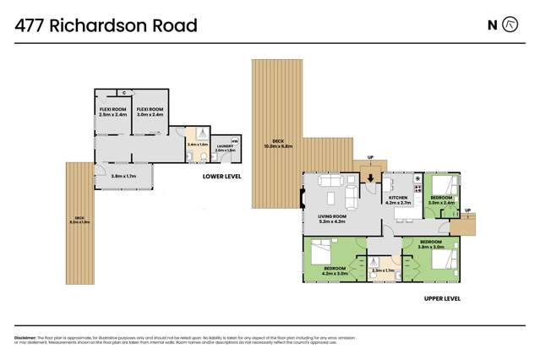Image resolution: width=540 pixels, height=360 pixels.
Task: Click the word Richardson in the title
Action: point(107,25)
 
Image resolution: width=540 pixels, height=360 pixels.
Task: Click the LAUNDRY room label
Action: point(224,147)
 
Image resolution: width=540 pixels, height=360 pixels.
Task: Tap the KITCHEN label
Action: point(397,197)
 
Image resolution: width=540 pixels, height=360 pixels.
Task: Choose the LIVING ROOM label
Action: point(332,215)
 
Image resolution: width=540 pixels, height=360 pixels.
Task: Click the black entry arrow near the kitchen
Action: point(369,177)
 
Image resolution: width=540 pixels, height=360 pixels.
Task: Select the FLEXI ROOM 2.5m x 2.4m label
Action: point(112,112)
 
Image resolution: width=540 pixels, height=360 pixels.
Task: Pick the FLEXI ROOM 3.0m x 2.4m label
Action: point(150,112)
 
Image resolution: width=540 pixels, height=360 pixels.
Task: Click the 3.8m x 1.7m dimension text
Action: point(123,176)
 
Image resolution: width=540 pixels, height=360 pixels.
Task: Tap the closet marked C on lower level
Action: point(124,91)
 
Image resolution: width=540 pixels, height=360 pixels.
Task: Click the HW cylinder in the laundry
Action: point(234,139)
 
